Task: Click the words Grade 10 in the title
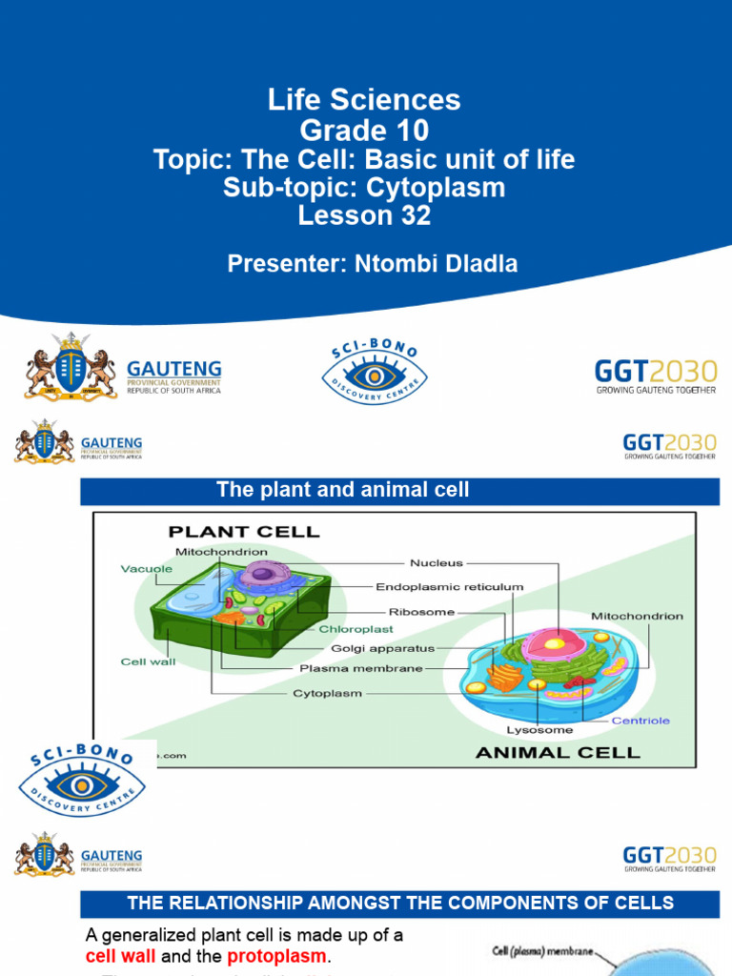click(365, 130)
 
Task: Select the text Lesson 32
click(365, 215)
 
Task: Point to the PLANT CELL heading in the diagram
click(244, 531)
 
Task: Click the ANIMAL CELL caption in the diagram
click(558, 752)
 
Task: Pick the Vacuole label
click(147, 568)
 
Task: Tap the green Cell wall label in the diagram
click(148, 661)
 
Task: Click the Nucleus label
click(436, 562)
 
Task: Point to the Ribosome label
click(422, 612)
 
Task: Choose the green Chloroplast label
click(356, 629)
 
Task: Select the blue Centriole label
click(640, 721)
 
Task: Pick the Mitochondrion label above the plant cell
click(221, 551)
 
